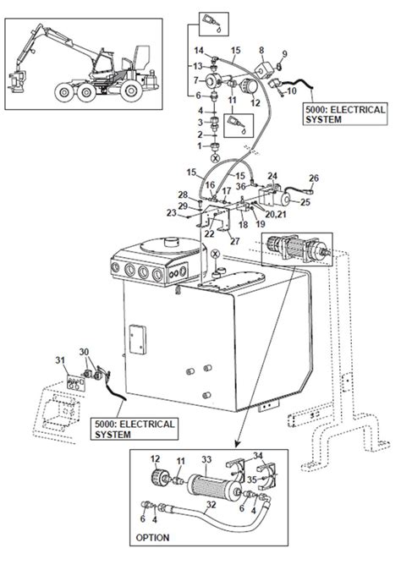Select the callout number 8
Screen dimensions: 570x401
pos(261,51)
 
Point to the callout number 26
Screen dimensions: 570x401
pos(314,178)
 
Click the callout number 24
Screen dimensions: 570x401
pos(272,176)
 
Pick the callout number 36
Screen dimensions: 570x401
pos(240,187)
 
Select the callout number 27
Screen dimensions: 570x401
pos(234,241)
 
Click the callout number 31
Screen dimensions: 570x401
pos(60,361)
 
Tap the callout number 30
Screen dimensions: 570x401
pos(83,352)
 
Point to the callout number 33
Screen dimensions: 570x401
pos(206,459)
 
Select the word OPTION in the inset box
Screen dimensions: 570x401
pos(152,537)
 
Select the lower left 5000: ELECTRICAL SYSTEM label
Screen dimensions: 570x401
pos(136,429)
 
